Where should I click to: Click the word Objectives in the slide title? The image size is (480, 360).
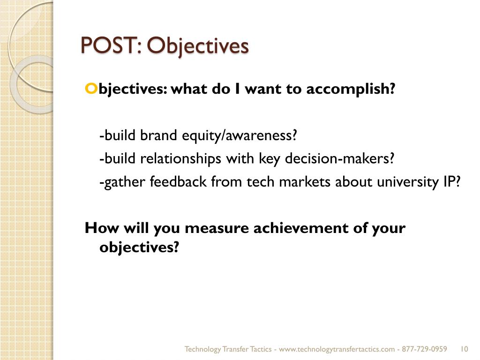pos(197,46)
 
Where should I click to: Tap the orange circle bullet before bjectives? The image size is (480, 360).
pos(90,88)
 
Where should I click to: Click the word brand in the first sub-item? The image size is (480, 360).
pos(157,135)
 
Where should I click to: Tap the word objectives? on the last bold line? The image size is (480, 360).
pos(139,247)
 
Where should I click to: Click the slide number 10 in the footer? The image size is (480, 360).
pos(465,349)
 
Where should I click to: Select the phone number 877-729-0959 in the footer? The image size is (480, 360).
pos(425,349)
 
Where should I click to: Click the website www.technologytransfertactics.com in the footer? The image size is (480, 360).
pos(339,349)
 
